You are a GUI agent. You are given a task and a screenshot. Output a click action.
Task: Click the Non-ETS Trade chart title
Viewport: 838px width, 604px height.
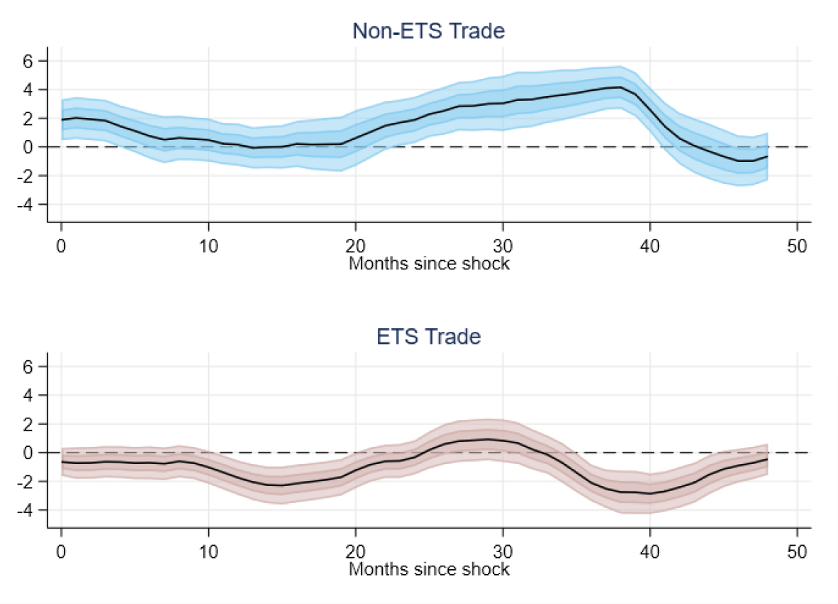[428, 31]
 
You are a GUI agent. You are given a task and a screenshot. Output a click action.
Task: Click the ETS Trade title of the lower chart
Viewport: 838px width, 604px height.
[428, 336]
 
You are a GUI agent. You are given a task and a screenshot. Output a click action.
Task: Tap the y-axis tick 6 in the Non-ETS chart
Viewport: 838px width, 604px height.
[29, 61]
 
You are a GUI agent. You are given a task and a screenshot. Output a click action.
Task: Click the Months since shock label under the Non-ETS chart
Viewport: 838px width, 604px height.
[429, 264]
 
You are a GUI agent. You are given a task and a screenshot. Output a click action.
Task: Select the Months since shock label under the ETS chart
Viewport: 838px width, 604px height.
[429, 569]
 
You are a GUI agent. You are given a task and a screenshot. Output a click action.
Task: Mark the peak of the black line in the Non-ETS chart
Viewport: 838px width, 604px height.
[621, 87]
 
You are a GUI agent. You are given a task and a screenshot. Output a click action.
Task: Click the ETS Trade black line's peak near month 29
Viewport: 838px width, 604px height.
[489, 439]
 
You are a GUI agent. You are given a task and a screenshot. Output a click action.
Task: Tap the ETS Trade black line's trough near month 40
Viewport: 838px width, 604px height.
[650, 493]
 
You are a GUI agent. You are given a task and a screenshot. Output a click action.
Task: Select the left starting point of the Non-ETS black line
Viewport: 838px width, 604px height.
[62, 119]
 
